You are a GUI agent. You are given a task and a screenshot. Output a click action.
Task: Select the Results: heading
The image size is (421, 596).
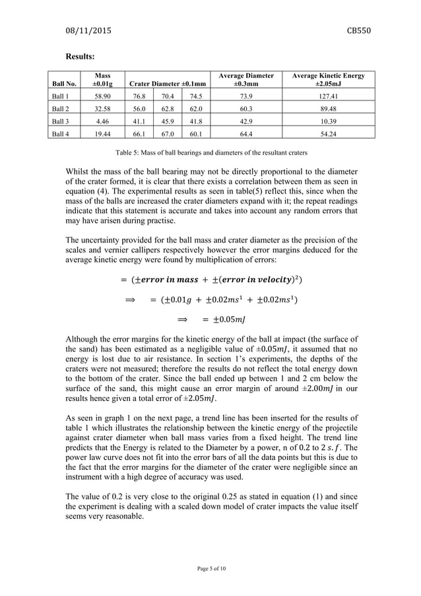[82, 57]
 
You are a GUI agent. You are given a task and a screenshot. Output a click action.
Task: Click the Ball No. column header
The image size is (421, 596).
[63, 84]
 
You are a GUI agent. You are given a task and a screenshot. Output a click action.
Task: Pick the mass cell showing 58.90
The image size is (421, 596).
[102, 96]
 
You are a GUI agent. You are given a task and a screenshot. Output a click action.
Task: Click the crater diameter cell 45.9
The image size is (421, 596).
[165, 120]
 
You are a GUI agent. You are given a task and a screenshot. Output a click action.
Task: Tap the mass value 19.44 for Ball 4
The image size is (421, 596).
[102, 133]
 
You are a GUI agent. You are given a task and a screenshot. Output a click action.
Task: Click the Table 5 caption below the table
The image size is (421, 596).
[211, 152]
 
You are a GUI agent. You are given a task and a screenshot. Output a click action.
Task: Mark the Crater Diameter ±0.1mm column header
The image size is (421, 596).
[168, 84]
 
